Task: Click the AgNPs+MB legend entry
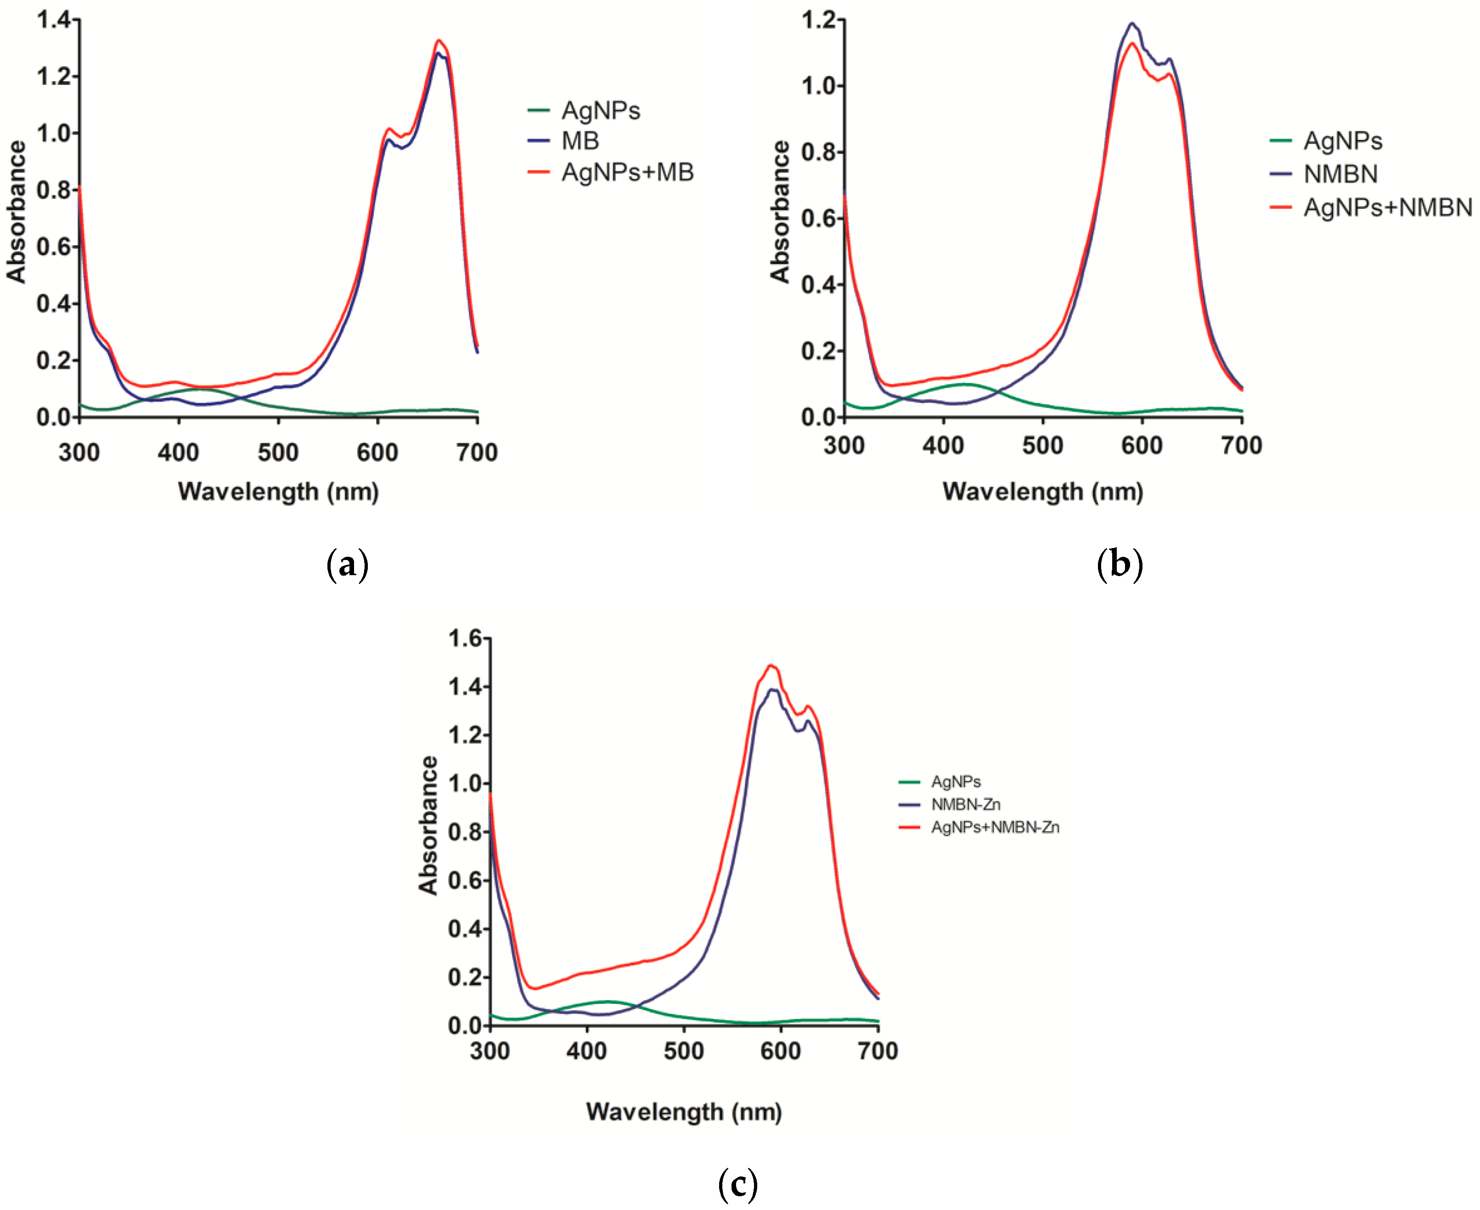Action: (627, 172)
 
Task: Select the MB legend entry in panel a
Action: (580, 141)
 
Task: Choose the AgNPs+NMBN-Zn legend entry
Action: (995, 827)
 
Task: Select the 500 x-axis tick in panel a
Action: (278, 453)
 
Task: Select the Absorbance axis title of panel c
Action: (428, 825)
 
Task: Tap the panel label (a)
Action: (347, 565)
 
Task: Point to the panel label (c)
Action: (737, 1183)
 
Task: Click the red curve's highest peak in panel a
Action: (439, 40)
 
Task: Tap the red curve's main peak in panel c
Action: (771, 665)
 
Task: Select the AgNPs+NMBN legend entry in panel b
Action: (1387, 207)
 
